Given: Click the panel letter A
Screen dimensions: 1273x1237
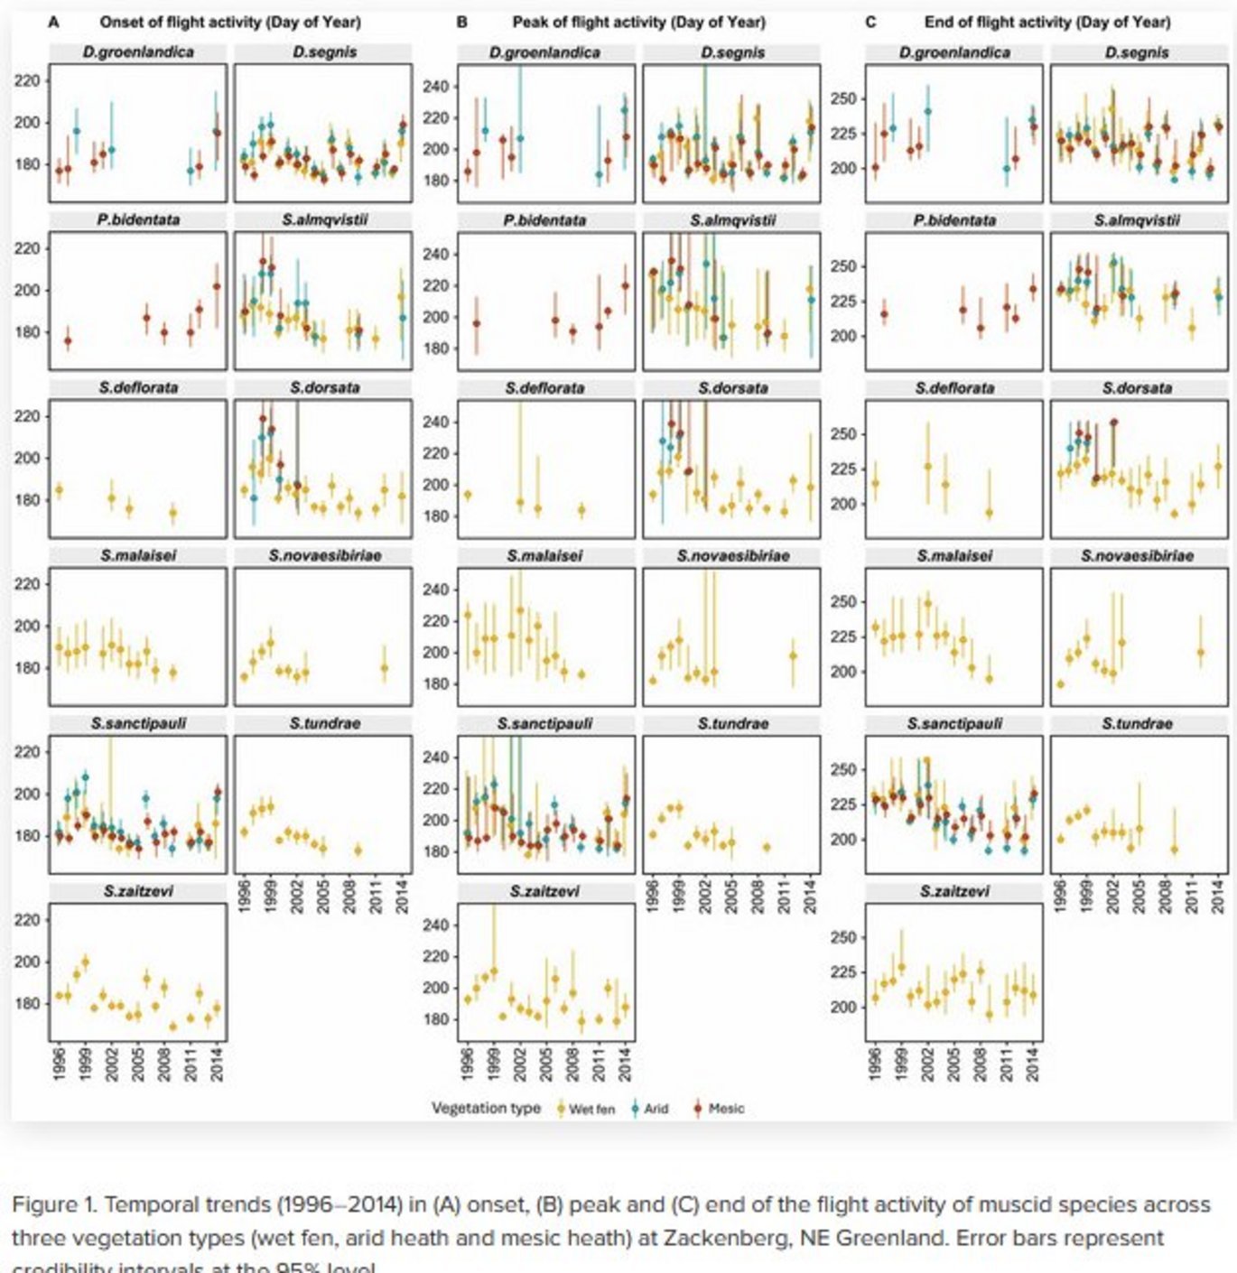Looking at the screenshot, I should [x=54, y=22].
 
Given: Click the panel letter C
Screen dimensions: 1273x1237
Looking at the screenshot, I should [x=870, y=22].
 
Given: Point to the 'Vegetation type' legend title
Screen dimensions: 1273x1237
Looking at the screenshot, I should [x=486, y=1108].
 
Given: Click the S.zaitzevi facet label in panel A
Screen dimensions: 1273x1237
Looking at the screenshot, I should [x=138, y=891].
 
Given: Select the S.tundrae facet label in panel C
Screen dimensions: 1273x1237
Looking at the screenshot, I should [x=1137, y=723].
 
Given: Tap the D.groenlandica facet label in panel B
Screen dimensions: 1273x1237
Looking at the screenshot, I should [x=545, y=52].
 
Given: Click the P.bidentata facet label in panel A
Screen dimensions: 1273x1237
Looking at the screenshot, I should [x=138, y=220].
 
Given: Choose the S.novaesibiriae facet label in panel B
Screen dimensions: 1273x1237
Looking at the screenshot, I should [x=732, y=555].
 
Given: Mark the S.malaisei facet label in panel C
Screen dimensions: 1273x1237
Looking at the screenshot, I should [x=953, y=555].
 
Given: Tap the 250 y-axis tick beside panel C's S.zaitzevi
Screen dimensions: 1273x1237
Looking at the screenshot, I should [x=843, y=938].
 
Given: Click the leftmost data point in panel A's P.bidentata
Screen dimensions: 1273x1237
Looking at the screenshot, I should [x=68, y=341].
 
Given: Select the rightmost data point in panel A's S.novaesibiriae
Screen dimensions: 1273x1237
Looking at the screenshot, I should [x=385, y=669].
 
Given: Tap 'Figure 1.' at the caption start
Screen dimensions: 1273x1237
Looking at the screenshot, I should [x=53, y=1205].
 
